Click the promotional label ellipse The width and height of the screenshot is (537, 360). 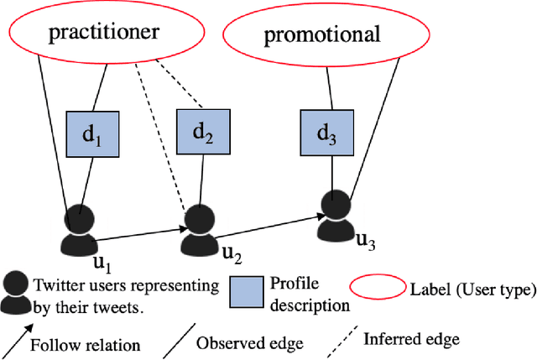(322, 34)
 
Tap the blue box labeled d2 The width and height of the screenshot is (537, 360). (203, 131)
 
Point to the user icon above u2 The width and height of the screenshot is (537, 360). (198, 228)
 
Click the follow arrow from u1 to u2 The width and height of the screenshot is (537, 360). (138, 227)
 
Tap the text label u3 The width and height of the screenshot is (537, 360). (367, 242)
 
